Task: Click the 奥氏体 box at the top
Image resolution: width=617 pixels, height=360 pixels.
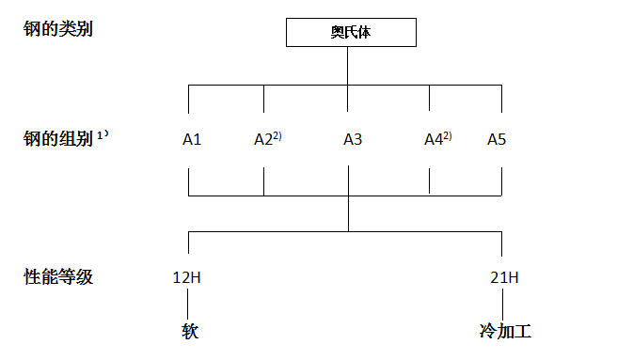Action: (x=349, y=33)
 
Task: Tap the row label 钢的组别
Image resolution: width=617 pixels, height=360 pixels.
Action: (x=57, y=140)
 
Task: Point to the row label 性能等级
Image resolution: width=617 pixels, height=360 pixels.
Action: (x=57, y=277)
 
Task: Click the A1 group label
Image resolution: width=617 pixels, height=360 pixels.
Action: (x=192, y=140)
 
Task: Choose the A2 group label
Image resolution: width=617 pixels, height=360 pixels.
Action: (x=263, y=140)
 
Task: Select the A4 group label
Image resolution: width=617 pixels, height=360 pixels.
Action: (x=433, y=140)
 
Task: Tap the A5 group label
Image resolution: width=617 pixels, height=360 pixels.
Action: (x=497, y=140)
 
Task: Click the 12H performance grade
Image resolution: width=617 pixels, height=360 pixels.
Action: (x=188, y=278)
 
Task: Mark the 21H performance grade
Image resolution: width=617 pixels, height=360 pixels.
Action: (x=503, y=278)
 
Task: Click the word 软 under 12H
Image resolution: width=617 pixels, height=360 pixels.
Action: (x=189, y=331)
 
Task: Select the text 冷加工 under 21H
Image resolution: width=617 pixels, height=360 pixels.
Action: (x=505, y=331)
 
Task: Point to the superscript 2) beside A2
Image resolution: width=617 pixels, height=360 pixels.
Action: (x=277, y=135)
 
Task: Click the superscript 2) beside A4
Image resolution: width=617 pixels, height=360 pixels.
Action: (x=448, y=135)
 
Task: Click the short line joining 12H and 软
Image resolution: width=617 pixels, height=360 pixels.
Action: (x=189, y=305)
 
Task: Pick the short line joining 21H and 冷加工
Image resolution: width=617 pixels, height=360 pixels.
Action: (x=503, y=305)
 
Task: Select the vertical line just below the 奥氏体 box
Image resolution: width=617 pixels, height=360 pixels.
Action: (x=349, y=66)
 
